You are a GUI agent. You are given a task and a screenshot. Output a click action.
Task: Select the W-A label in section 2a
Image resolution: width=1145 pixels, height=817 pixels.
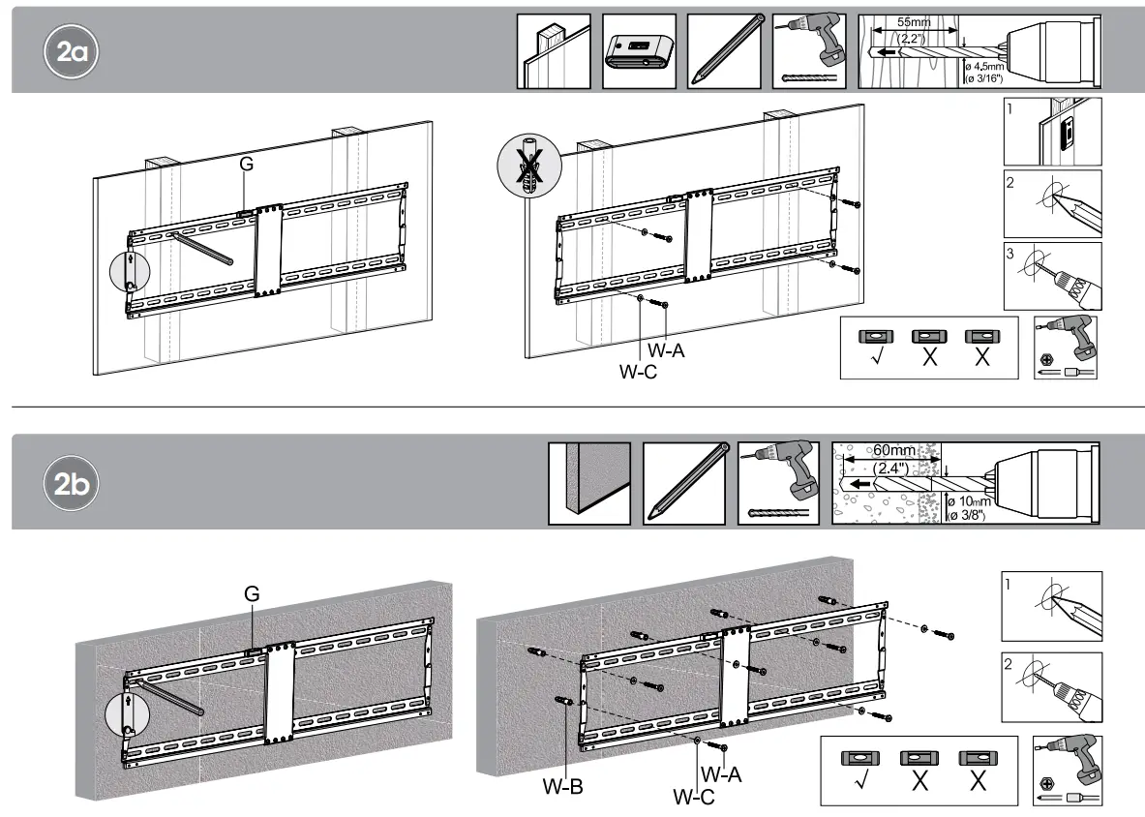tap(667, 351)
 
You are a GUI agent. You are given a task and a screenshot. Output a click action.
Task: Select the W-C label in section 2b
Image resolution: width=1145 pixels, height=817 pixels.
tap(695, 797)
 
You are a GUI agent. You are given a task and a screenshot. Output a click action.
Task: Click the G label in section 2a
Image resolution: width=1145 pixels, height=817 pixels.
tap(247, 166)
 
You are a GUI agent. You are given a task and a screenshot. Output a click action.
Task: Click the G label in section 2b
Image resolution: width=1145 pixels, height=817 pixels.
tap(251, 594)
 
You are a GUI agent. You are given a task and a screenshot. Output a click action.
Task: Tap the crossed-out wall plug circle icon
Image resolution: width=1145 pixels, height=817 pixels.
tap(529, 165)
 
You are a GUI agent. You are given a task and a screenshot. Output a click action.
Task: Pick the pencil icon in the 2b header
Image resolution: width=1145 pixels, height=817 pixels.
tap(682, 483)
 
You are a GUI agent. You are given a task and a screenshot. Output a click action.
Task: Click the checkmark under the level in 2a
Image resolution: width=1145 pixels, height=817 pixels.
tap(875, 355)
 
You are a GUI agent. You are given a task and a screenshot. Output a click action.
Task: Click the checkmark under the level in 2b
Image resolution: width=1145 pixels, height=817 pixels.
tap(855, 781)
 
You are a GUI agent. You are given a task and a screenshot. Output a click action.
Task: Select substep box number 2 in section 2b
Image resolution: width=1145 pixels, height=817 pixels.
tap(1051, 686)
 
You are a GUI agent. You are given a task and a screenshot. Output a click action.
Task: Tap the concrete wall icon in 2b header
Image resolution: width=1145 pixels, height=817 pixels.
tap(588, 483)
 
